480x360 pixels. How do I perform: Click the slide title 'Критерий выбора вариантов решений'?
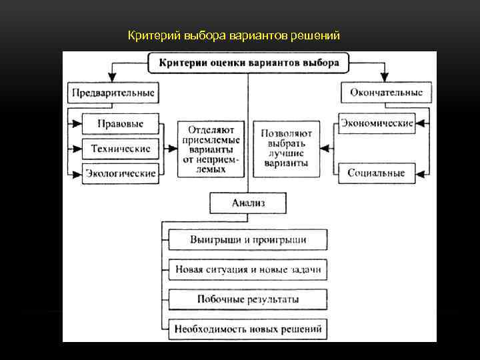234,35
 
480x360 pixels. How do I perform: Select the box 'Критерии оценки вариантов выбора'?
249,64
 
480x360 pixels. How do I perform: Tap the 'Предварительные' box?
112,93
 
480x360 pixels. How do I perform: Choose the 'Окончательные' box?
386,93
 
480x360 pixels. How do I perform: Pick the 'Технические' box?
120,149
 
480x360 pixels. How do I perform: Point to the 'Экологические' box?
121,174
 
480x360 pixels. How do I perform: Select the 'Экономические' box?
377,123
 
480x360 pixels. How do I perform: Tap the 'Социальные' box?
376,173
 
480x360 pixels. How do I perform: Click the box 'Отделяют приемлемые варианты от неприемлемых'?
211,148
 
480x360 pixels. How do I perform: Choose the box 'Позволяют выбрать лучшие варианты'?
286,148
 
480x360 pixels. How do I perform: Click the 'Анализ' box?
248,203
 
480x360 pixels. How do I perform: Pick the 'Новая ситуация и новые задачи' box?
248,270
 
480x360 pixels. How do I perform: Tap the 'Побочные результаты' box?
248,299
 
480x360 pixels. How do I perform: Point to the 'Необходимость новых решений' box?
248,329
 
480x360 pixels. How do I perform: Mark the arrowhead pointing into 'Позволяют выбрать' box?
326,149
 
